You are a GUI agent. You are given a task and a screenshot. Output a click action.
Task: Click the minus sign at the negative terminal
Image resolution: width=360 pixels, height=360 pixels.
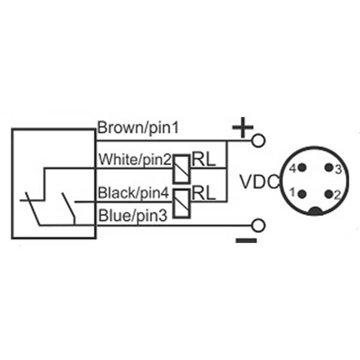click(x=246, y=240)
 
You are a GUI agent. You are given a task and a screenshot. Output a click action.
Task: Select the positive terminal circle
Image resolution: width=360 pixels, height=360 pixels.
click(x=259, y=141)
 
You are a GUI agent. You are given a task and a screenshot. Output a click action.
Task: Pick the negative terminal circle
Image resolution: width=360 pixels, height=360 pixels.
click(x=259, y=226)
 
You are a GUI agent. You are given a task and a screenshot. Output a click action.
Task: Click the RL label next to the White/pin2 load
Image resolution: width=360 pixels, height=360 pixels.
click(x=203, y=158)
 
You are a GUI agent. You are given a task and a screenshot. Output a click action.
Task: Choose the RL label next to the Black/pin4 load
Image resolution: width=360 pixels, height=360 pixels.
click(x=203, y=193)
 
